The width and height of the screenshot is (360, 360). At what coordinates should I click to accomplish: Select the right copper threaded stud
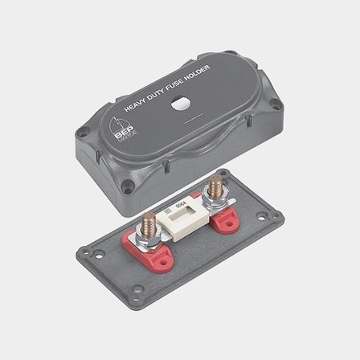click(x=214, y=191)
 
